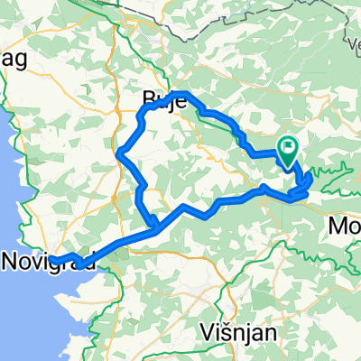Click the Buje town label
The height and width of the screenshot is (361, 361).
coord(164,99)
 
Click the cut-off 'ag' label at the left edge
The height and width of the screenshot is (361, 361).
coord(15,60)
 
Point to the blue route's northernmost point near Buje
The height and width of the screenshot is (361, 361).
coord(182,94)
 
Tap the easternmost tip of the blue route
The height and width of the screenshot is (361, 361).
coord(310,178)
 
